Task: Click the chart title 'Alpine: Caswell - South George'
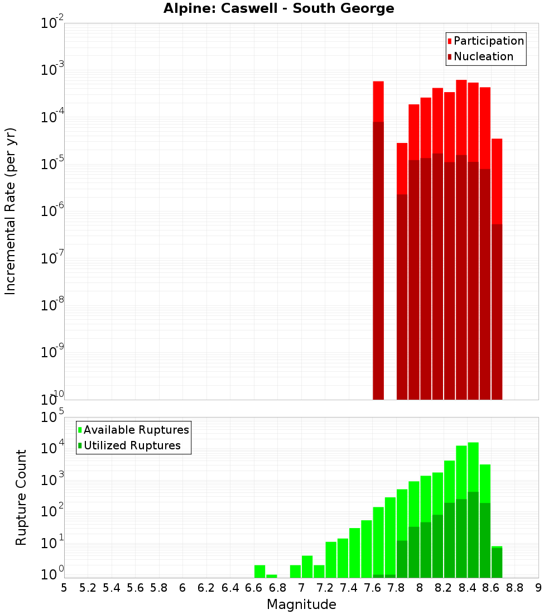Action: pyautogui.click(x=278, y=8)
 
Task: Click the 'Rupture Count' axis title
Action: pyautogui.click(x=21, y=497)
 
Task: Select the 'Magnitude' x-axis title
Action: pyautogui.click(x=301, y=605)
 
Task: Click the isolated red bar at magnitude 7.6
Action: pyautogui.click(x=378, y=240)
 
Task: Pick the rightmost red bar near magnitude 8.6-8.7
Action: pyautogui.click(x=497, y=268)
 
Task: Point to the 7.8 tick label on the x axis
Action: pyautogui.click(x=396, y=588)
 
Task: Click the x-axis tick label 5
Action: pyautogui.click(x=64, y=588)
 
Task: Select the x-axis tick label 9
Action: pyautogui.click(x=538, y=588)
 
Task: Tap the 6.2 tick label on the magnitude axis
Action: pyautogui.click(x=206, y=588)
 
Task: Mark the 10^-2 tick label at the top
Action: pyautogui.click(x=51, y=24)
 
